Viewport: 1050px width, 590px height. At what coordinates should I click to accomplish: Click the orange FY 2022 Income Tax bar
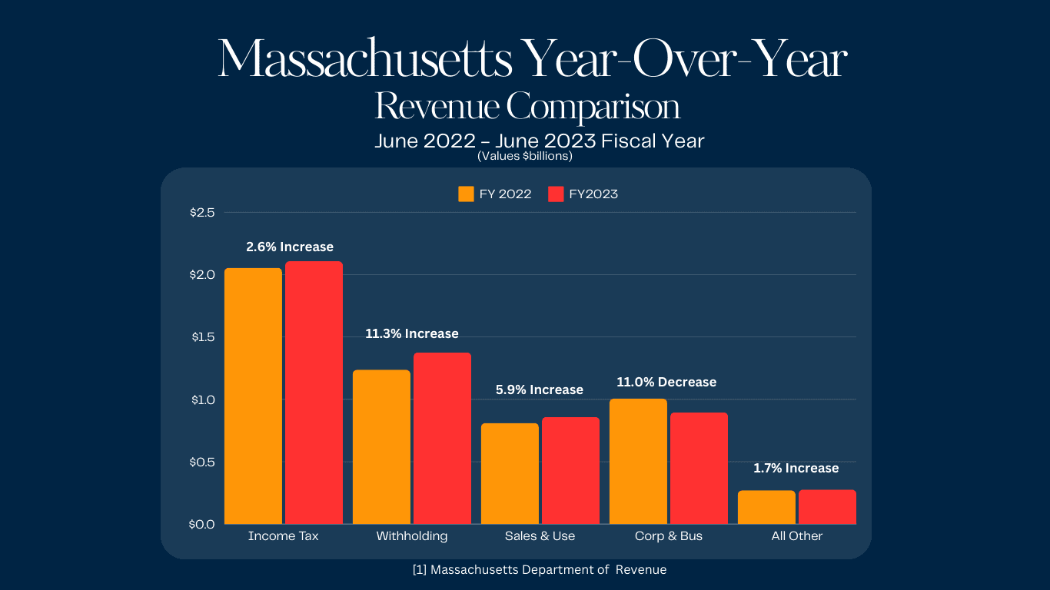[253, 396]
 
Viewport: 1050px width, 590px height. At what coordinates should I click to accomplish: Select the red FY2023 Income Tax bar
[314, 393]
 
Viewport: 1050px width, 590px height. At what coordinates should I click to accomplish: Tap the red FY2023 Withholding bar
[442, 438]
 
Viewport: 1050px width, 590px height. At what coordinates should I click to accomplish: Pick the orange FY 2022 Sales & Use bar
[510, 473]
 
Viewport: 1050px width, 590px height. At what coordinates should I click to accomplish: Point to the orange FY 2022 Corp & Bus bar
[638, 461]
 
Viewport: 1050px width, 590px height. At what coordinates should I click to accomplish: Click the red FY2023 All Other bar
[827, 507]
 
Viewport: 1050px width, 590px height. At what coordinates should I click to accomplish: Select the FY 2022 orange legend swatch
[466, 194]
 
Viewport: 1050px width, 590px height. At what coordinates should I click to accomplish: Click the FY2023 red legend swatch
[556, 194]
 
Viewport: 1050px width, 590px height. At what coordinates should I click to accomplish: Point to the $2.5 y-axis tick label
[202, 212]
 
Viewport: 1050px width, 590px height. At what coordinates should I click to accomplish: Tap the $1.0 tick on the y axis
[202, 399]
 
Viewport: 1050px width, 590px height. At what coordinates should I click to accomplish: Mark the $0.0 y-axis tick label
[202, 524]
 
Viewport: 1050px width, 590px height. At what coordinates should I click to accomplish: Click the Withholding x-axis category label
[412, 536]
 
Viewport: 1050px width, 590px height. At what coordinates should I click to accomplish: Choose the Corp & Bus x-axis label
[669, 536]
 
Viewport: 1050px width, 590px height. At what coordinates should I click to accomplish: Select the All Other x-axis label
[797, 536]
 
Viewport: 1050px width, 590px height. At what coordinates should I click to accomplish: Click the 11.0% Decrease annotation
[666, 382]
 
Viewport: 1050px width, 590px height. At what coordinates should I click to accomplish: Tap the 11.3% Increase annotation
[412, 333]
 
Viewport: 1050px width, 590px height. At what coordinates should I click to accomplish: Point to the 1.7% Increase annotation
[796, 468]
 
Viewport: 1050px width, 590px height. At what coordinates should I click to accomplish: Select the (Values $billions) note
[525, 156]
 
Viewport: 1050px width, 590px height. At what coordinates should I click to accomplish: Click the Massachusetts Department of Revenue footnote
[540, 570]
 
